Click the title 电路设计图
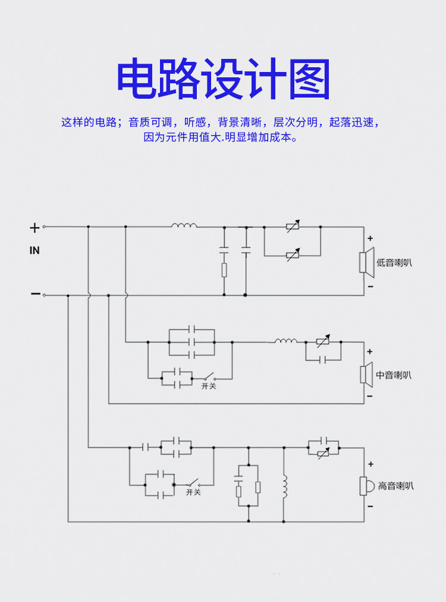(x=223, y=80)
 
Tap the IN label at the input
(x=34, y=250)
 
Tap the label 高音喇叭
(x=395, y=486)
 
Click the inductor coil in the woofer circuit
(x=184, y=225)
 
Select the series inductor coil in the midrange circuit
(x=286, y=341)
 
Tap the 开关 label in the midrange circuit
(x=209, y=386)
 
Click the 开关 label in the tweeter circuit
(x=193, y=492)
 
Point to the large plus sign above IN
(x=34, y=227)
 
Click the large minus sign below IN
(x=35, y=294)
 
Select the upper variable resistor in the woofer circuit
(x=292, y=227)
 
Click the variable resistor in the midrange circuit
(x=323, y=342)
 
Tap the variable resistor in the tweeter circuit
(x=323, y=454)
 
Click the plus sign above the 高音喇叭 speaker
(x=370, y=464)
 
